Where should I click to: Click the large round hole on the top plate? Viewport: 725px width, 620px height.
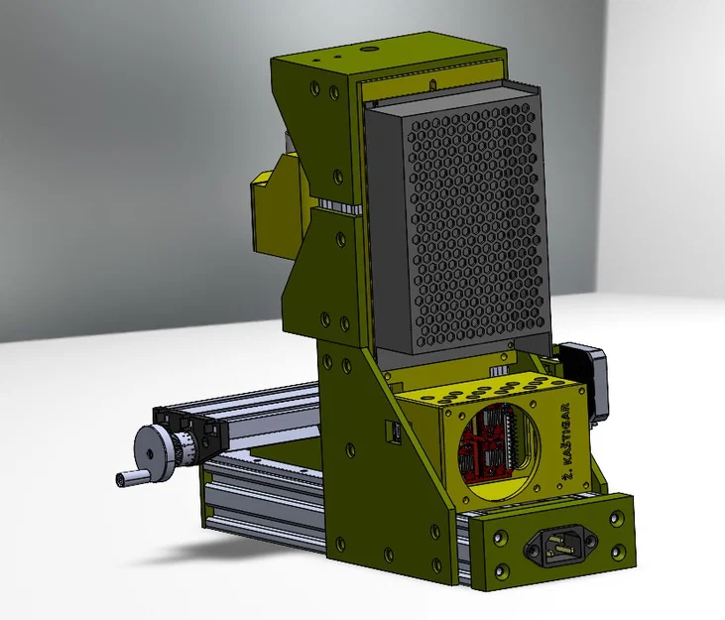(369, 47)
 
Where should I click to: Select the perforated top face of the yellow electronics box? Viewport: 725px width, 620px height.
(476, 381)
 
